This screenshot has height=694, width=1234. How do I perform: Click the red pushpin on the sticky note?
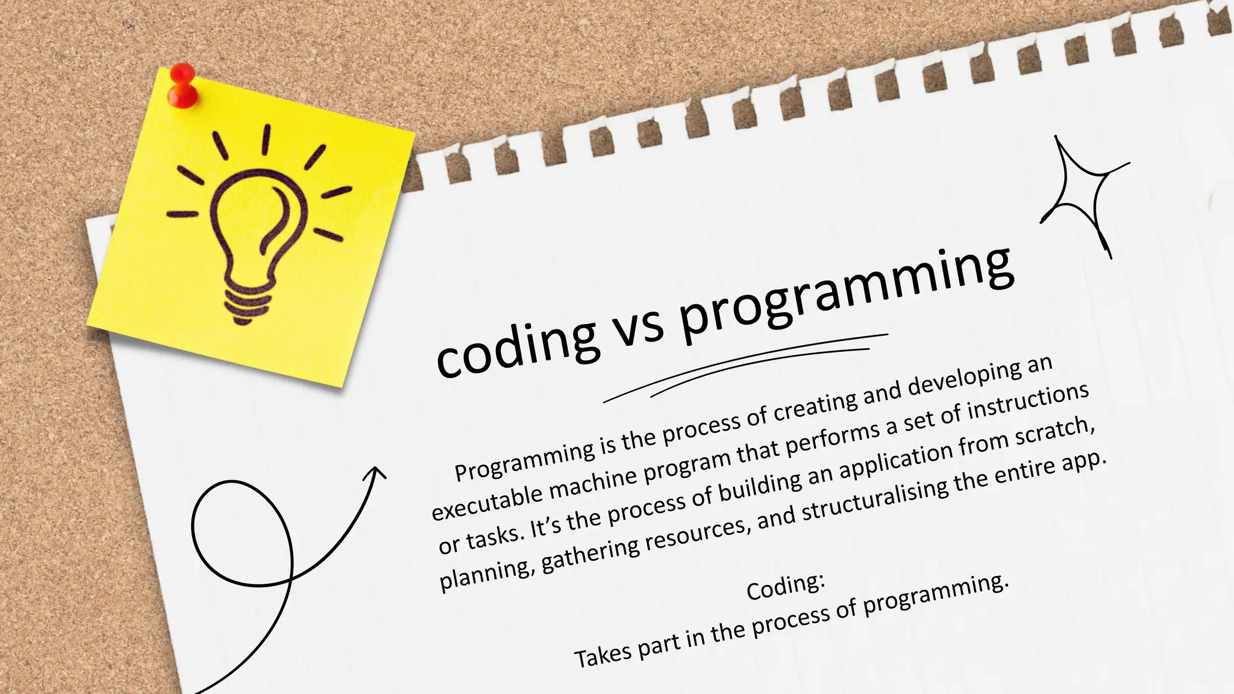click(x=181, y=84)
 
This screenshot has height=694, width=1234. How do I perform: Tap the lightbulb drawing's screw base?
click(x=247, y=304)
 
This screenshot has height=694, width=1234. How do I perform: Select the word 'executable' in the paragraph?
click(x=488, y=502)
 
